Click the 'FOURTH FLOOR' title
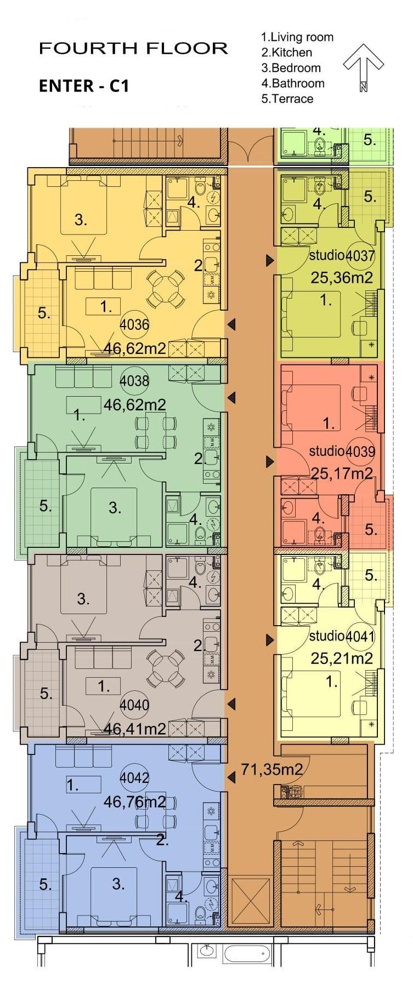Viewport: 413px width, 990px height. (x=133, y=48)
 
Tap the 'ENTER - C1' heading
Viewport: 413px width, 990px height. (x=84, y=86)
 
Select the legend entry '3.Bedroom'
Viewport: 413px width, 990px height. (x=291, y=68)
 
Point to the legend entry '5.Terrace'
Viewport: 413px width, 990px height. (x=287, y=99)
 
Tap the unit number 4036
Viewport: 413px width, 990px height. (x=134, y=324)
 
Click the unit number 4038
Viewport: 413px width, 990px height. (x=134, y=380)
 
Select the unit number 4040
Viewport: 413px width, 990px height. (x=134, y=705)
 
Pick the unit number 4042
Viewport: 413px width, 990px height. (x=134, y=777)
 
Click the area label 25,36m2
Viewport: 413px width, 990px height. (x=342, y=278)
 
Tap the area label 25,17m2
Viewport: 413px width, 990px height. (x=342, y=473)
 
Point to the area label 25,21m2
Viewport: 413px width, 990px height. (x=342, y=658)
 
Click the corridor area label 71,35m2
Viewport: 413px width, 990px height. (x=271, y=769)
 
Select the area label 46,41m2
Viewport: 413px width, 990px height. (x=135, y=729)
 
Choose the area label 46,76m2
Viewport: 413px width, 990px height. (x=135, y=802)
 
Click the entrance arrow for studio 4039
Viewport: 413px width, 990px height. (x=269, y=462)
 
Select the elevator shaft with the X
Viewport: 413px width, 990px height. (x=251, y=903)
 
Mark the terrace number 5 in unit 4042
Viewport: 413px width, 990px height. (x=46, y=884)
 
